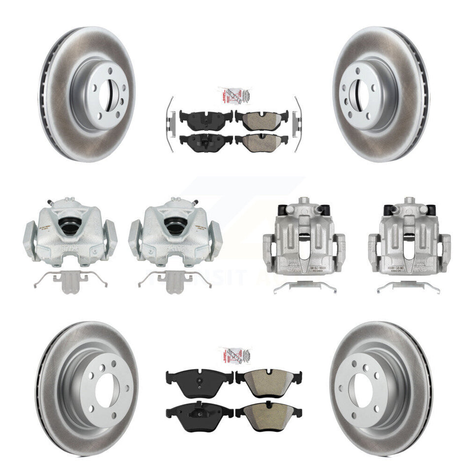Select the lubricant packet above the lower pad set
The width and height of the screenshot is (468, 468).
click(x=234, y=356)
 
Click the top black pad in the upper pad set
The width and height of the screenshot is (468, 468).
click(x=206, y=117)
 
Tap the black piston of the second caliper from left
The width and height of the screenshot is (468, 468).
click(x=175, y=226)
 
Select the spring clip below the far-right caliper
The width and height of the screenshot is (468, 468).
click(x=409, y=287)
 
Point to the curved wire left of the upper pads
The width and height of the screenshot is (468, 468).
click(x=168, y=123)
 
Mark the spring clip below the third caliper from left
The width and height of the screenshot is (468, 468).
click(x=304, y=287)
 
